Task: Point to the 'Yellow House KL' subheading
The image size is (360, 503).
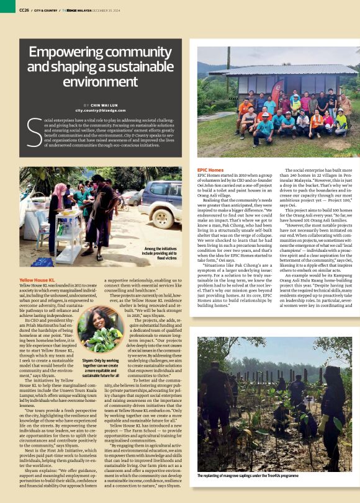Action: [38, 280]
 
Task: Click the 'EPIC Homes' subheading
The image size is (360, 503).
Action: [210, 169]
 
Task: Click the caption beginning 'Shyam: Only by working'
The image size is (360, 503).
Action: [100, 368]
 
